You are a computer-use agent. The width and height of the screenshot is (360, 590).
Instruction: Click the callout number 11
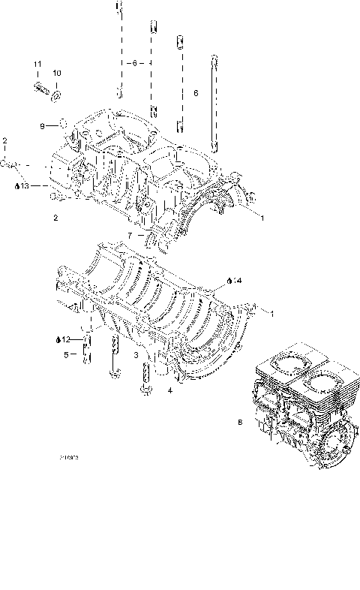click(x=37, y=72)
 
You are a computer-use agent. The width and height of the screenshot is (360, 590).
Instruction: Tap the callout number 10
click(x=56, y=73)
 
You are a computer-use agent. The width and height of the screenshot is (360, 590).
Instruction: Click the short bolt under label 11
click(x=40, y=89)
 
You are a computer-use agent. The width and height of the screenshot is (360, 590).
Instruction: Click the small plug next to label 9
click(x=64, y=122)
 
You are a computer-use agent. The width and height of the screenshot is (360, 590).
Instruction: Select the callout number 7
click(x=130, y=235)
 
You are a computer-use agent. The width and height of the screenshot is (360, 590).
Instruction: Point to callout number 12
click(x=66, y=339)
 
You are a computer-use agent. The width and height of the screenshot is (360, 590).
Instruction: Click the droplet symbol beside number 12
click(x=58, y=339)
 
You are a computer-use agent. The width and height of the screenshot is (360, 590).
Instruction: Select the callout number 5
click(x=65, y=354)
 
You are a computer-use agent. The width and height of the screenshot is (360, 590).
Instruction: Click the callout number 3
click(x=135, y=353)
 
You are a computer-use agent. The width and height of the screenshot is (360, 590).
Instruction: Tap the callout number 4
click(x=169, y=391)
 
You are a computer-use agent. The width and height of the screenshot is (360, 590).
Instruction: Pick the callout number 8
click(x=239, y=423)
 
